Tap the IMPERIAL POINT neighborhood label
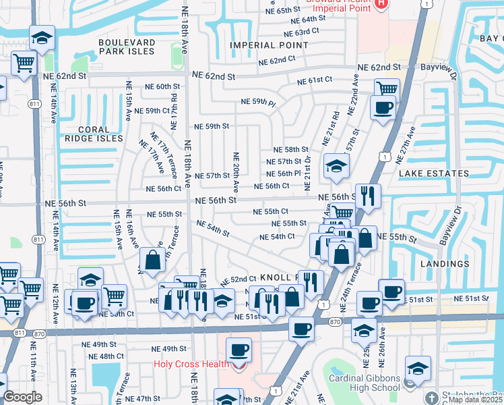[269, 45]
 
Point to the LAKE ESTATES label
[433, 173]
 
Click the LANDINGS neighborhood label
[443, 264]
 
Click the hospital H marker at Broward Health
[381, 4]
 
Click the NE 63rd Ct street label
[301, 32]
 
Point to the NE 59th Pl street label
[259, 103]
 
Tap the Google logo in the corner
[22, 397]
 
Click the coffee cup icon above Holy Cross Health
[239, 350]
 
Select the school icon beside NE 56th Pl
[336, 165]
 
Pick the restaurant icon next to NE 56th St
[367, 195]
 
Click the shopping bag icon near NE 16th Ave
[153, 260]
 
